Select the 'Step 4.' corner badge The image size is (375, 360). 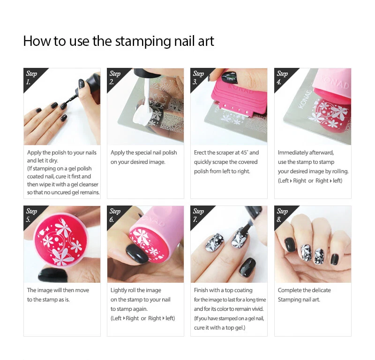click(283, 76)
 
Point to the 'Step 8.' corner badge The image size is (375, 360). click(283, 214)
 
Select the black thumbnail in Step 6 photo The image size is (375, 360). click(136, 253)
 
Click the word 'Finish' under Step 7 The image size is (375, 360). click(202, 290)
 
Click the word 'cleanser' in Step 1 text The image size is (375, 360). click(89, 184)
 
